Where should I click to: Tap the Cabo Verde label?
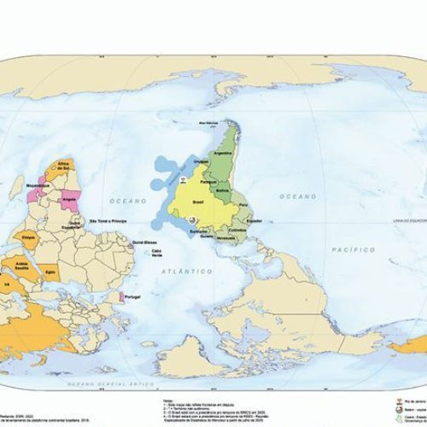[x=155, y=260]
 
